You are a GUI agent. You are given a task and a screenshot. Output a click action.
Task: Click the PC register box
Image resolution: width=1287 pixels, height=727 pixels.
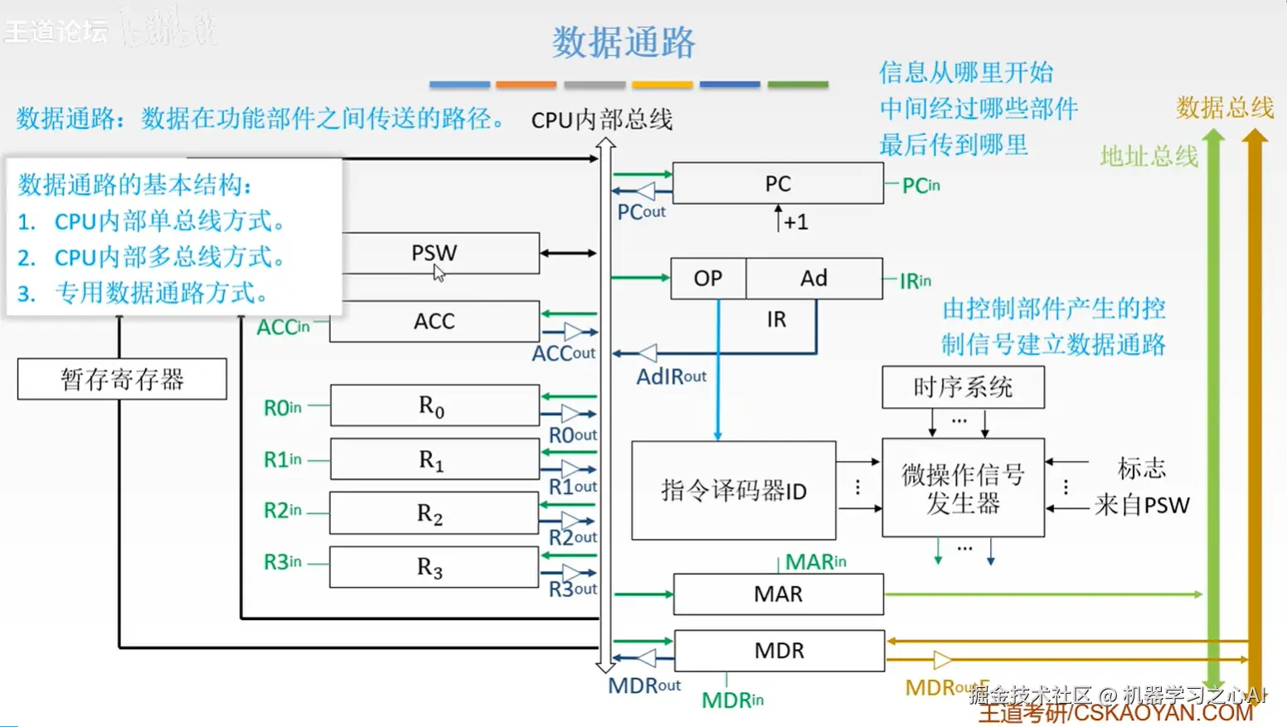tap(778, 183)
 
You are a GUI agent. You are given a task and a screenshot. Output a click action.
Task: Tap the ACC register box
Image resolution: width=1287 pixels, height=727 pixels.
tap(435, 321)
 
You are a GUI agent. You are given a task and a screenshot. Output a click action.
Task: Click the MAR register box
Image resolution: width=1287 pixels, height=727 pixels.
tap(778, 594)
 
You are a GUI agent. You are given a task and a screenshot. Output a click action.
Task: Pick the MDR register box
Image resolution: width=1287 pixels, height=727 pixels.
tap(779, 651)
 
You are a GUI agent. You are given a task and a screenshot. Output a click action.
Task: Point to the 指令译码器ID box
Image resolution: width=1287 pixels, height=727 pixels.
tap(733, 491)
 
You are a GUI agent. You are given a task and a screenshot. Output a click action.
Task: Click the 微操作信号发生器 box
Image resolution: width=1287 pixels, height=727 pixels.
tap(963, 488)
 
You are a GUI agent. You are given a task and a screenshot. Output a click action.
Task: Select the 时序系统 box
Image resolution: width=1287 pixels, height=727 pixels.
tap(963, 387)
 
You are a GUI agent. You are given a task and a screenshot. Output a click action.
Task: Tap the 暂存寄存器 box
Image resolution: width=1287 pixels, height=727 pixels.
tap(122, 380)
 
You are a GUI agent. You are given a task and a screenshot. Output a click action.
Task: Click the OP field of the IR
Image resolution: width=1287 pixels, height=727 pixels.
tap(708, 279)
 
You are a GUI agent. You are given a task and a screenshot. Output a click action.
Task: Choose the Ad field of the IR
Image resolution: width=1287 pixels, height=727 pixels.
tap(813, 279)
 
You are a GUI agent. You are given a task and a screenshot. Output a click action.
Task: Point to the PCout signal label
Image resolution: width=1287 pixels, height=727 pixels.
tap(641, 212)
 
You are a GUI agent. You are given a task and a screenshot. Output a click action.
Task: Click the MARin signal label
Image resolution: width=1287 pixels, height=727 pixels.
tap(815, 562)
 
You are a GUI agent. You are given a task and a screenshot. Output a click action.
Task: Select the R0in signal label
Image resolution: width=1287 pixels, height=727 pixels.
tap(283, 408)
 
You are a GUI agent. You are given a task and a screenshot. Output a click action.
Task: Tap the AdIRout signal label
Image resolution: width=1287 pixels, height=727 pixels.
tap(671, 377)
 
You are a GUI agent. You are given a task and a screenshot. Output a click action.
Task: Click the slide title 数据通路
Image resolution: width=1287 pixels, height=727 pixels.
tap(624, 42)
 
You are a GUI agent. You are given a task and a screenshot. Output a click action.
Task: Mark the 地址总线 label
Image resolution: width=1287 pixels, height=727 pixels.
tap(1149, 156)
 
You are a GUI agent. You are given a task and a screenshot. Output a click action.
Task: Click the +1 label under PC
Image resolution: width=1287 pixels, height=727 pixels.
tap(795, 222)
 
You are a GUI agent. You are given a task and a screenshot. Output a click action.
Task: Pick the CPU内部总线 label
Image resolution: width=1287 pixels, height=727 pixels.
tap(601, 120)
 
